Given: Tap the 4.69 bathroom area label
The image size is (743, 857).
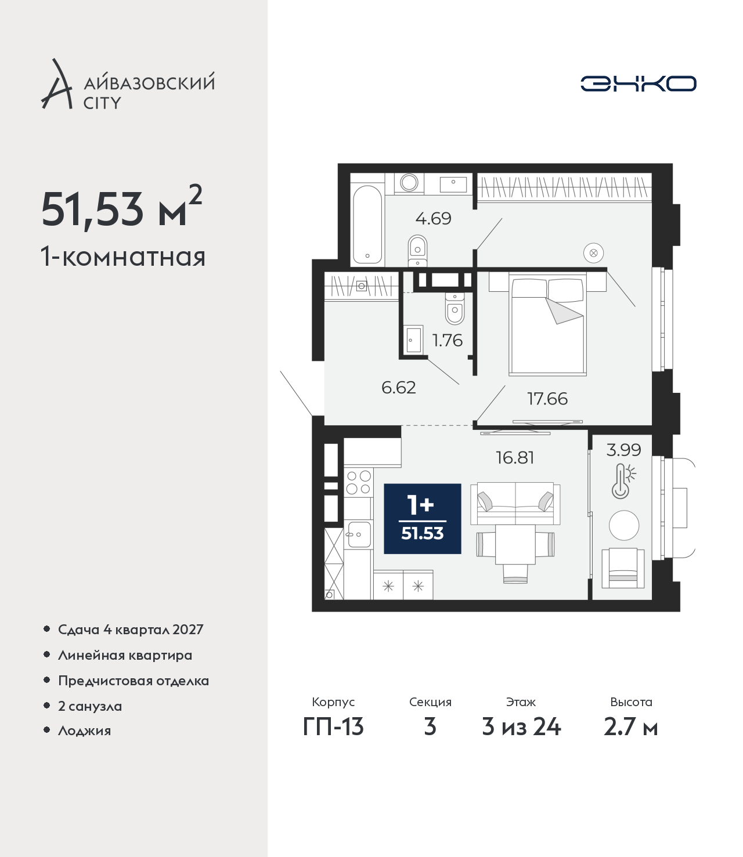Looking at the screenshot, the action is [x=433, y=218].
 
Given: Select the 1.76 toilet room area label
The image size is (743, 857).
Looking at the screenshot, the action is [x=447, y=341].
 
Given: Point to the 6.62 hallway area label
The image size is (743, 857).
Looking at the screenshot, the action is [x=398, y=388].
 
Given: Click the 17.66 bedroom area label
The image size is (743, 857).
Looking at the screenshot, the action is [x=547, y=399].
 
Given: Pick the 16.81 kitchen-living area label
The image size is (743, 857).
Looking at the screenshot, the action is [x=515, y=458].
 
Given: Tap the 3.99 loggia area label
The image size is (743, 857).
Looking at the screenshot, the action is [x=623, y=450].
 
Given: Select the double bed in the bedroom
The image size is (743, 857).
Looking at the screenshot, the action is [x=547, y=326].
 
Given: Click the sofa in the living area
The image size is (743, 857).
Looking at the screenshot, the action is [x=515, y=503].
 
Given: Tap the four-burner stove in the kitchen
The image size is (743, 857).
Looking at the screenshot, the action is [x=358, y=482].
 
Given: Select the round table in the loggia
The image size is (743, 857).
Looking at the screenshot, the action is [x=623, y=525].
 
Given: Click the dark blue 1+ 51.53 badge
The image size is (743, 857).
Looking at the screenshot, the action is [x=423, y=519].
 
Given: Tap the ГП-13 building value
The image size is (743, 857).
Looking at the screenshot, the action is [x=333, y=727].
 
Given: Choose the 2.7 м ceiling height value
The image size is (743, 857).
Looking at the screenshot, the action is [x=630, y=727].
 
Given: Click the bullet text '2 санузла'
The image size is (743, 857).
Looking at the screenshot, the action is [x=89, y=706].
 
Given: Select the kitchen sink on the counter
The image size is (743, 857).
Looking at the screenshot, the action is [x=359, y=534].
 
